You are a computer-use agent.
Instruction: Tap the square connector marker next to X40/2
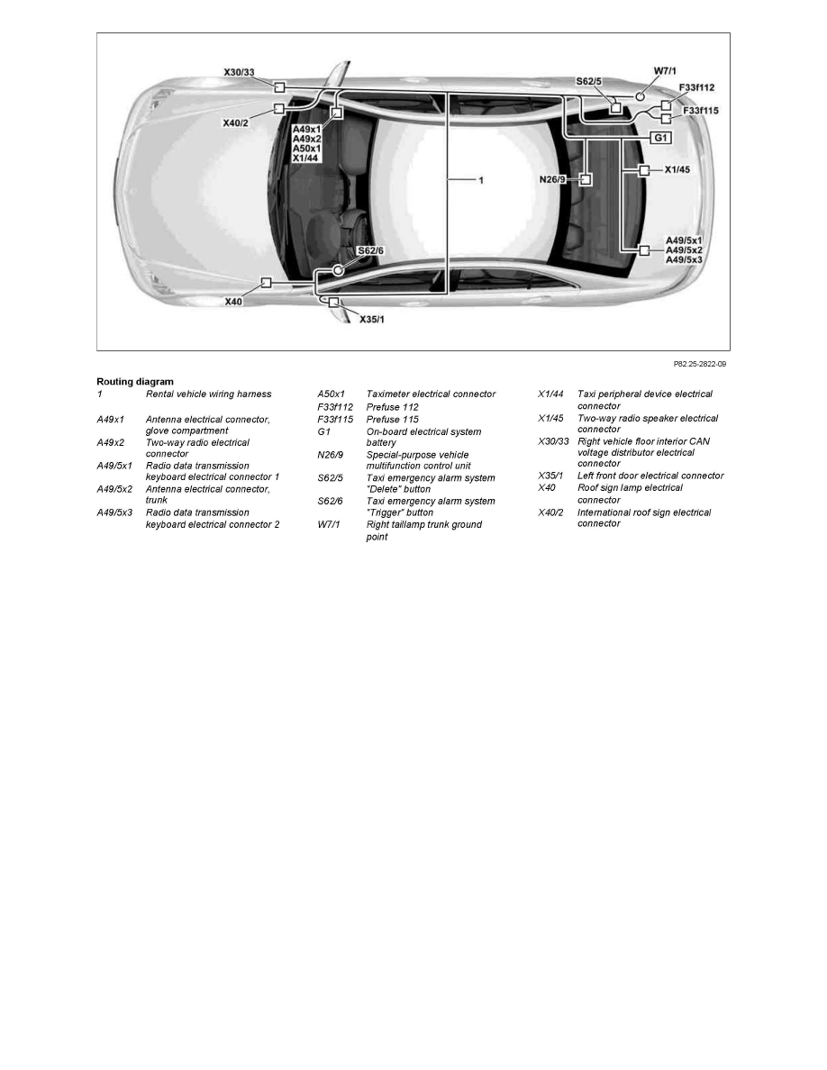(x=279, y=108)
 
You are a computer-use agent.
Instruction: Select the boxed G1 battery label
(x=660, y=138)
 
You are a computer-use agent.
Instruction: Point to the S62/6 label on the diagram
(x=370, y=250)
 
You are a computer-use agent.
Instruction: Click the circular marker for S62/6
(x=338, y=269)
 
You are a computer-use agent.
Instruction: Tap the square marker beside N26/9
(x=585, y=179)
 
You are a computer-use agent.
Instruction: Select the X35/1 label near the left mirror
(x=373, y=319)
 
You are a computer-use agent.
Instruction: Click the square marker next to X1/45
(x=644, y=169)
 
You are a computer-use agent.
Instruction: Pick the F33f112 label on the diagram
(x=696, y=87)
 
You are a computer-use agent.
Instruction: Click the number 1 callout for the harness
(x=481, y=180)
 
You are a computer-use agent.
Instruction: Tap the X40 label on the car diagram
(x=233, y=302)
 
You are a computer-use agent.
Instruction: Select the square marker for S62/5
(x=615, y=108)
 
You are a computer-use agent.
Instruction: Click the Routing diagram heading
(x=135, y=382)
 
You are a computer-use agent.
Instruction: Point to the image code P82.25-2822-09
(x=701, y=365)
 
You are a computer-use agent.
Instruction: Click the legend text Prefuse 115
(x=392, y=420)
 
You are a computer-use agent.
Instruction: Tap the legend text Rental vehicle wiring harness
(x=208, y=394)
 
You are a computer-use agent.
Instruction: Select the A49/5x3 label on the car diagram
(x=684, y=259)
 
